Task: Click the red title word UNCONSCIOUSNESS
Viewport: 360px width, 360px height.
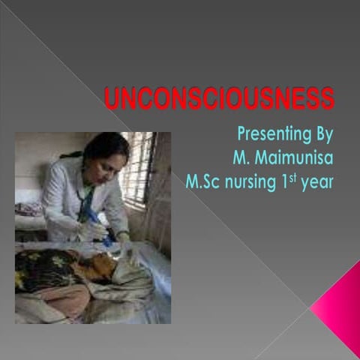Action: (218, 99)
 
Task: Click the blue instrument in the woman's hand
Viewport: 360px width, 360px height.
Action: (96, 217)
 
